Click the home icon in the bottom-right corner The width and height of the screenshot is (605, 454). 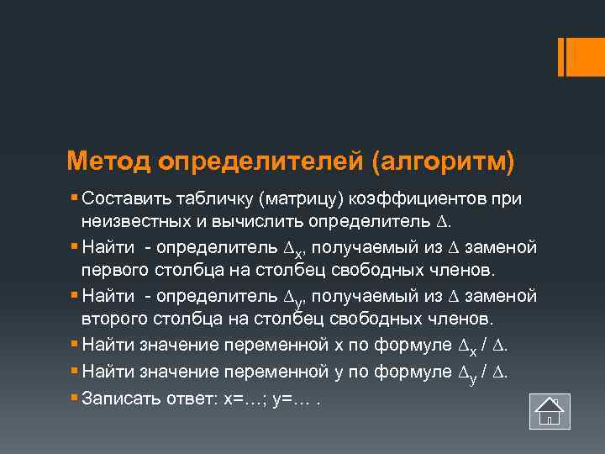(550, 412)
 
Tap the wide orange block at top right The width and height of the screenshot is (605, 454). (579, 57)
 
